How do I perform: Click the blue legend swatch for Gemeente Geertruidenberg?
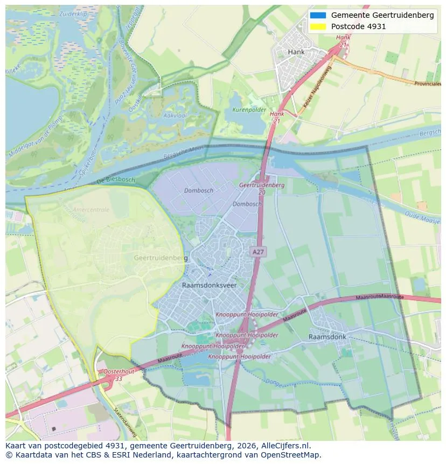[x=318, y=15]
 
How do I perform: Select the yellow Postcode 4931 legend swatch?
[x=318, y=26]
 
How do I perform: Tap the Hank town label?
[x=296, y=52]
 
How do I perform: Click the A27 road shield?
[x=259, y=252]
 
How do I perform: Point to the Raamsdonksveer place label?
[x=210, y=285]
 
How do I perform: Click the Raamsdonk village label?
[x=327, y=337]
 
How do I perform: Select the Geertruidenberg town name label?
[x=161, y=258]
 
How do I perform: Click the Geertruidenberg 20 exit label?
[x=261, y=188]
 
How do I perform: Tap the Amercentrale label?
[x=90, y=210]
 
